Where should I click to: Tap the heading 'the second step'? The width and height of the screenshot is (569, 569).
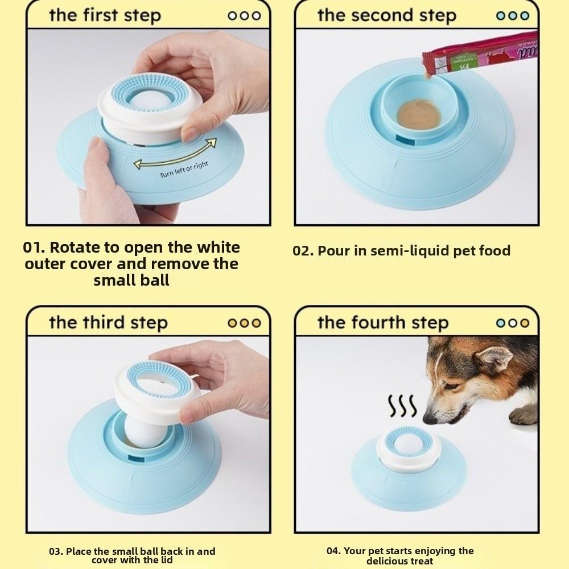tap(387, 15)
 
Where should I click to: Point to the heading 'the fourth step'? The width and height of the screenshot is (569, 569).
tap(383, 323)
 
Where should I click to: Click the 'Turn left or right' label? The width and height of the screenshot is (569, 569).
tap(184, 170)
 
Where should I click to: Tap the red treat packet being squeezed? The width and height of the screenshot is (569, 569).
tap(484, 51)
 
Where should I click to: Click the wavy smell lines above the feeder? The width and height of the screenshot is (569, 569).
tap(402, 406)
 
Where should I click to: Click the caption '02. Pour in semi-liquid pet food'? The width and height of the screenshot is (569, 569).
tap(401, 250)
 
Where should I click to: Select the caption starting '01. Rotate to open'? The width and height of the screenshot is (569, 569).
tap(131, 263)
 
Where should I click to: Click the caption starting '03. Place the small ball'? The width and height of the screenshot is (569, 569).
tap(132, 555)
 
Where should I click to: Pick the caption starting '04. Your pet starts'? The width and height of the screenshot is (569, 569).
tap(400, 555)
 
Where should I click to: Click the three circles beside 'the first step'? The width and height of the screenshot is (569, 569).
tap(244, 16)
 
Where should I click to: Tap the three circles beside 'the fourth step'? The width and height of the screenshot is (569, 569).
tap(513, 323)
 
